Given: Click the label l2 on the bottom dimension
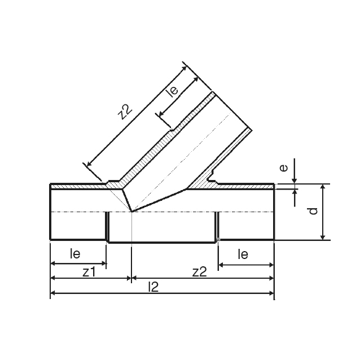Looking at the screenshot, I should coord(153,287).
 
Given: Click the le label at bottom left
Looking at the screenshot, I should coord(75,254).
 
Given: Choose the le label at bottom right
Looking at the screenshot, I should coord(243,254).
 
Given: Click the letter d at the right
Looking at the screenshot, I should coord(314,211).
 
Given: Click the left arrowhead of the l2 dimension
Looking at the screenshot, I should coord(54,293).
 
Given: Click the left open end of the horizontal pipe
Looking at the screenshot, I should coord(51,212).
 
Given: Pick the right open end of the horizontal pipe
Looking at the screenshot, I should coord(274,212).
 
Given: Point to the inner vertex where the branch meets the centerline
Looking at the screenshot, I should coord(131,212).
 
